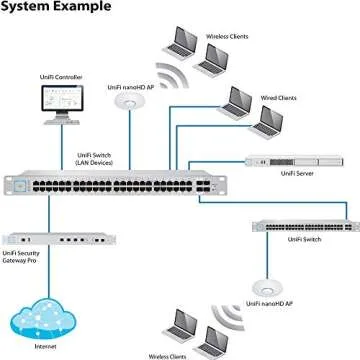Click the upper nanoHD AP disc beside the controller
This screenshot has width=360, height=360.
coord(129,105)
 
